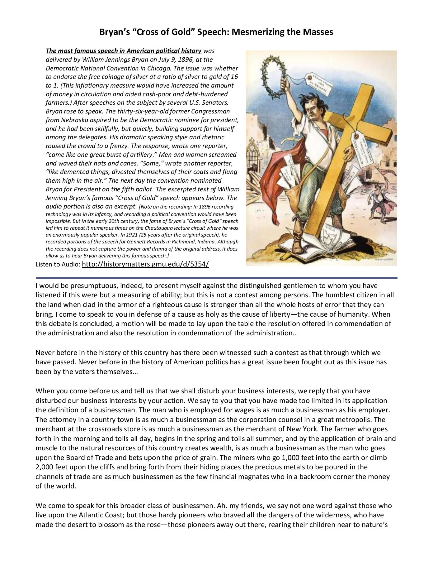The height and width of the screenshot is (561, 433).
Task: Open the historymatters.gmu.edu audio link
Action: [145, 264]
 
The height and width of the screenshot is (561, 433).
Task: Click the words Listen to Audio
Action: [58, 265]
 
